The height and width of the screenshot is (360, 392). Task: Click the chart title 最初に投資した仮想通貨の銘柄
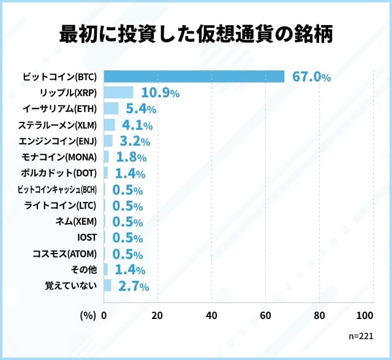[x=196, y=35]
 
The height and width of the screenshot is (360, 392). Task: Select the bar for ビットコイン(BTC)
[x=194, y=77]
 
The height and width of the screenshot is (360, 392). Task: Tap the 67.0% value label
[x=312, y=77]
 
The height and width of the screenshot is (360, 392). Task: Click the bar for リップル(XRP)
[x=118, y=93]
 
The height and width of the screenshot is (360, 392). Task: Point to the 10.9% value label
[x=160, y=93]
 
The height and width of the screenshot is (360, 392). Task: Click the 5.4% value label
[x=141, y=109]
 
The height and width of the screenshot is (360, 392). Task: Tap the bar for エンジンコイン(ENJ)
[x=108, y=141]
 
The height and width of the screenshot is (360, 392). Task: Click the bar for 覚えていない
[x=107, y=285]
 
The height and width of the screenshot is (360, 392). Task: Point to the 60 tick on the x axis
[x=265, y=315]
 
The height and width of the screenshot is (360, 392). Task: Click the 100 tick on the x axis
[x=364, y=315]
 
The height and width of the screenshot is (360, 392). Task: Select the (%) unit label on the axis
[x=88, y=315]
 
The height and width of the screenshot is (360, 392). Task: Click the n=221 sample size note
[x=360, y=337]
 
